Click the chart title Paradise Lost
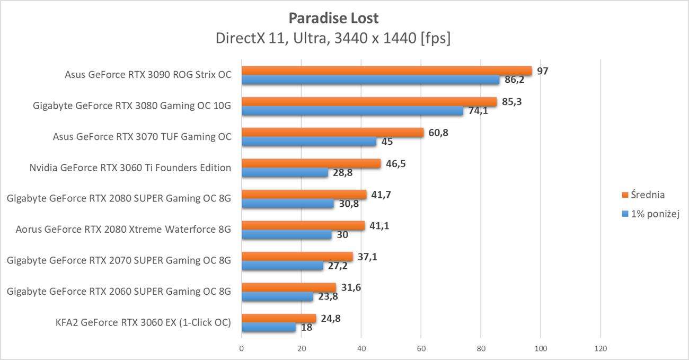coord(333,18)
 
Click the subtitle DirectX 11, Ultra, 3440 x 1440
coord(333,39)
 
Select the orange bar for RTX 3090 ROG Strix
coord(386,71)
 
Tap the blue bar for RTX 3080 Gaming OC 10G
coord(352,111)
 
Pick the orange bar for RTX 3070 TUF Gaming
coord(332,133)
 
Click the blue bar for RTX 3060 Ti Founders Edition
coord(285,172)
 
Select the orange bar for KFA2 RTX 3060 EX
coord(278,318)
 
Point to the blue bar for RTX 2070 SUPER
coord(282,266)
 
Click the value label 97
coord(542,71)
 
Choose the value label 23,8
coord(327,297)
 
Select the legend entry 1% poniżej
coord(655,214)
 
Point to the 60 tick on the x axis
coord(421,349)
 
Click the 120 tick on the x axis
coord(600,349)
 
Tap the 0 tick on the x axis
coord(242,349)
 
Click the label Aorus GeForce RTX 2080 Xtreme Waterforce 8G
coord(123,230)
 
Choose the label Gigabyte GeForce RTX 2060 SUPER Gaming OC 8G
coord(119,291)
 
